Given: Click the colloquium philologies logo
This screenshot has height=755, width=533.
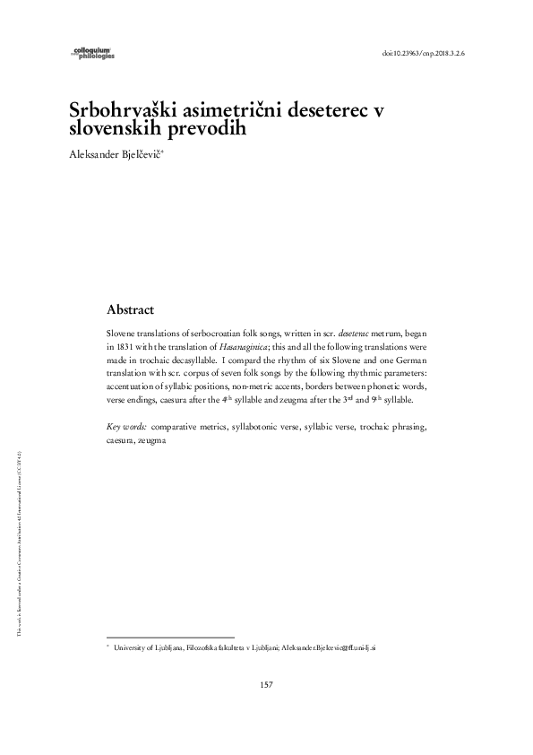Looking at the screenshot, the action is (92, 54).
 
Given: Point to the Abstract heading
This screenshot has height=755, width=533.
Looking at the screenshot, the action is (131, 309).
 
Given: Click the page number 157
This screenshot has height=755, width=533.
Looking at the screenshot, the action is (266, 685).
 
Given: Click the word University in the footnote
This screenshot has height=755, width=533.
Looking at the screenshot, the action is (131, 646).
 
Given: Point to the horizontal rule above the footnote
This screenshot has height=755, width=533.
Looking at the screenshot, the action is (169, 636).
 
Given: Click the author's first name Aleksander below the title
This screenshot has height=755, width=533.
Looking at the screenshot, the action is (93, 154).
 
